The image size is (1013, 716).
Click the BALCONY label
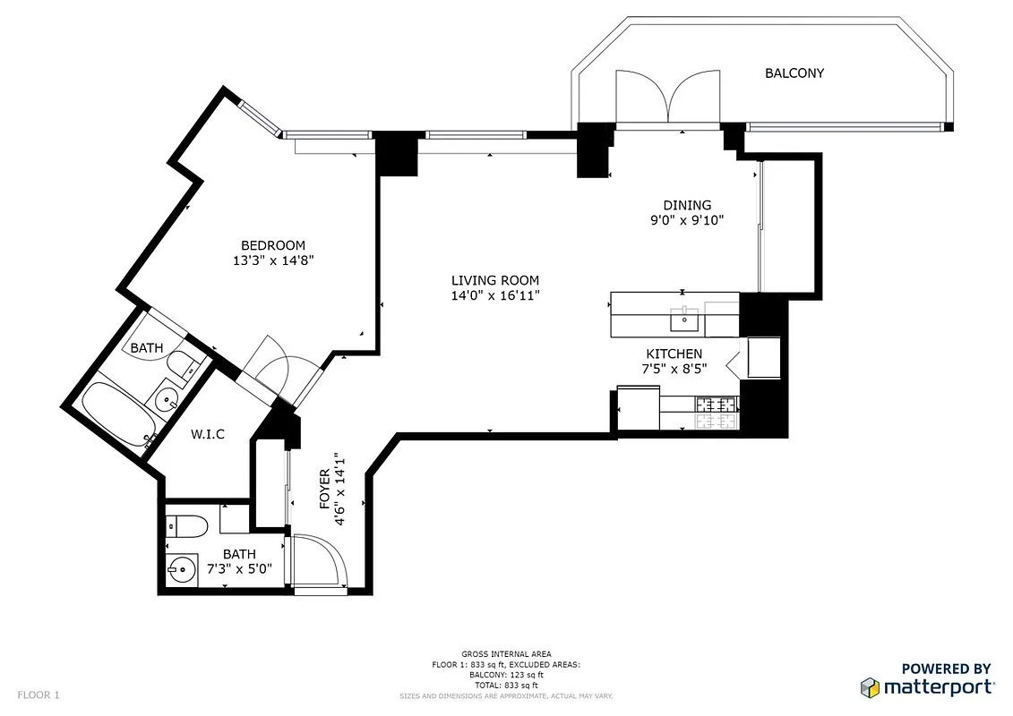[794, 73]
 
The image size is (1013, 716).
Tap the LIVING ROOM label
[495, 280]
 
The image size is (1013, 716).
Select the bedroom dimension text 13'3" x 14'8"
[272, 260]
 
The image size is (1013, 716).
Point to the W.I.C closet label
[207, 435]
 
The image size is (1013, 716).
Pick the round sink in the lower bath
[183, 567]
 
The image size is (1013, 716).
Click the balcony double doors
[667, 97]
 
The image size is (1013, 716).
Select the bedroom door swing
[272, 365]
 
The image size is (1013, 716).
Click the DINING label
[687, 205]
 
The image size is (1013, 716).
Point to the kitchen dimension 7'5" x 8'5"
[674, 368]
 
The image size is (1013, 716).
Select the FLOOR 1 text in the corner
[39, 695]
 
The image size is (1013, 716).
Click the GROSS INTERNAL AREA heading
[506, 654]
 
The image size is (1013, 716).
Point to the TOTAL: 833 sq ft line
[506, 684]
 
